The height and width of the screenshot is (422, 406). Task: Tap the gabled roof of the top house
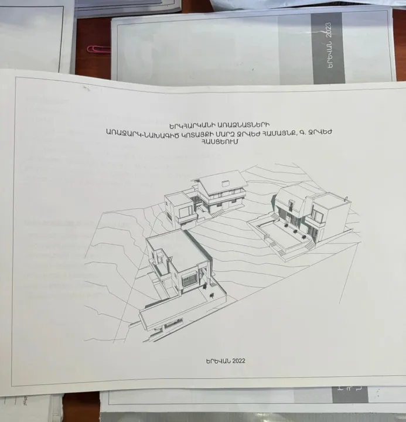click(221, 181)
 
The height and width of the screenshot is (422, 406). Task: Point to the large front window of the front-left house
click(190, 280)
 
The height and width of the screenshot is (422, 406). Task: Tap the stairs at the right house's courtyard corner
click(308, 246)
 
